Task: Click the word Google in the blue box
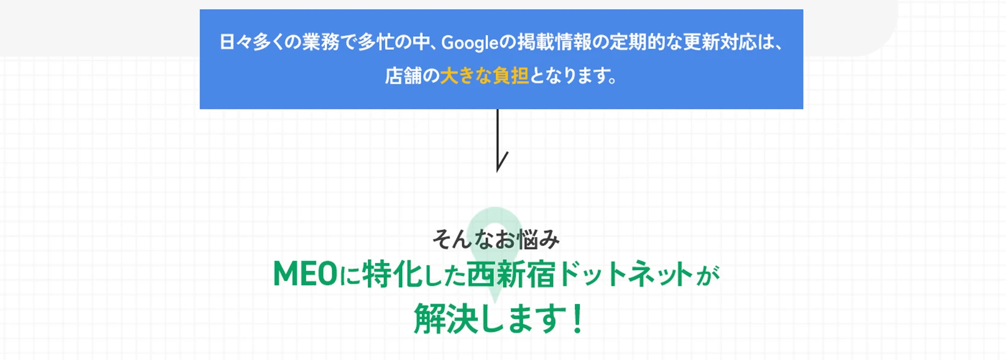click(470, 43)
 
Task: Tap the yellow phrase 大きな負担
click(485, 76)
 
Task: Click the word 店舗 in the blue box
click(403, 76)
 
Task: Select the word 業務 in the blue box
click(320, 42)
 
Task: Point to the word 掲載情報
click(554, 42)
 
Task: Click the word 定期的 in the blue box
click(637, 42)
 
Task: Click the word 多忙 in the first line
click(376, 42)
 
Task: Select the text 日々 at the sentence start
click(236, 42)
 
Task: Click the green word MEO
click(305, 274)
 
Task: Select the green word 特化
click(392, 274)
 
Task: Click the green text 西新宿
click(511, 274)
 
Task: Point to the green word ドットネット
click(626, 274)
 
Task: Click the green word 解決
click(445, 318)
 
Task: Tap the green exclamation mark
click(578, 318)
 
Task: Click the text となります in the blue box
click(567, 76)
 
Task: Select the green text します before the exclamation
click(524, 318)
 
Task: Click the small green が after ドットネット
click(708, 276)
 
